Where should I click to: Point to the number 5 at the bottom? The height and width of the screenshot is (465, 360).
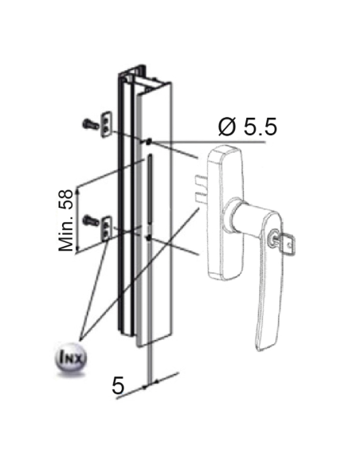pos(119,386)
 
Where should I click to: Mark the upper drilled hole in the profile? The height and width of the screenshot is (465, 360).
pos(149,141)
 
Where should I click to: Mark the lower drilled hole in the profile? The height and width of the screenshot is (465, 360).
pos(149,236)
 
